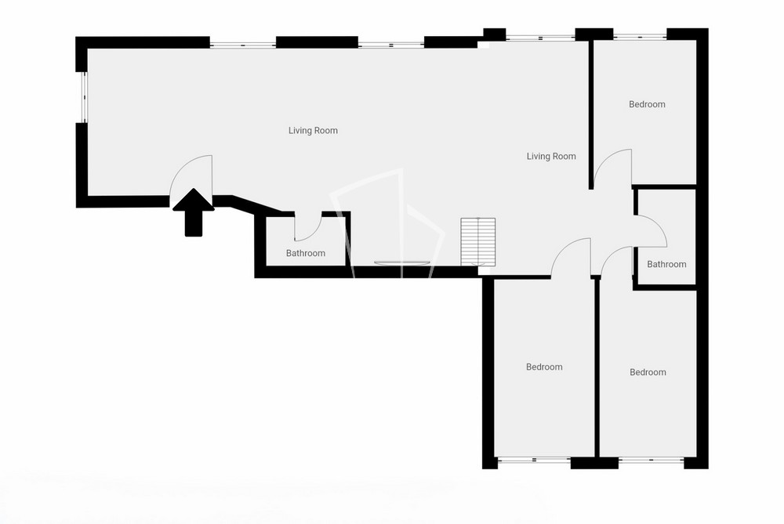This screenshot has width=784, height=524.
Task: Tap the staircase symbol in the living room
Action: click(x=478, y=241)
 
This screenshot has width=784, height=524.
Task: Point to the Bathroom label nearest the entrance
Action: click(x=306, y=253)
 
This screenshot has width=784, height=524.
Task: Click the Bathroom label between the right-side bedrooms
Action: click(x=666, y=264)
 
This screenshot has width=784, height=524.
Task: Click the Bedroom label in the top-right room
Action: click(x=647, y=104)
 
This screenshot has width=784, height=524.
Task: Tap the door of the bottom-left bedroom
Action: click(x=571, y=257)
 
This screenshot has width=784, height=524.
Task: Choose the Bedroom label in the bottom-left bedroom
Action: click(x=544, y=367)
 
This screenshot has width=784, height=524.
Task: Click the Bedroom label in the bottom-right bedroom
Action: click(x=648, y=372)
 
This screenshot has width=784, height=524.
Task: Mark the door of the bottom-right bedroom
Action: click(x=617, y=262)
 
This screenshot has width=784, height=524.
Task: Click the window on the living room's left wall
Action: click(x=85, y=97)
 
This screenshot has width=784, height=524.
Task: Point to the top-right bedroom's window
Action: click(x=640, y=36)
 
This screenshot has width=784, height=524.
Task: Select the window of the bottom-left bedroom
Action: click(x=534, y=460)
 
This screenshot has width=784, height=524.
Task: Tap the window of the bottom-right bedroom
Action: click(x=651, y=460)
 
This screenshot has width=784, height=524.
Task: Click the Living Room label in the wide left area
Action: click(x=313, y=131)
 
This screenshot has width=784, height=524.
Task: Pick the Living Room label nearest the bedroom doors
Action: click(x=551, y=157)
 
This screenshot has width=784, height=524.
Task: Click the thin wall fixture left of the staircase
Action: click(x=402, y=262)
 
